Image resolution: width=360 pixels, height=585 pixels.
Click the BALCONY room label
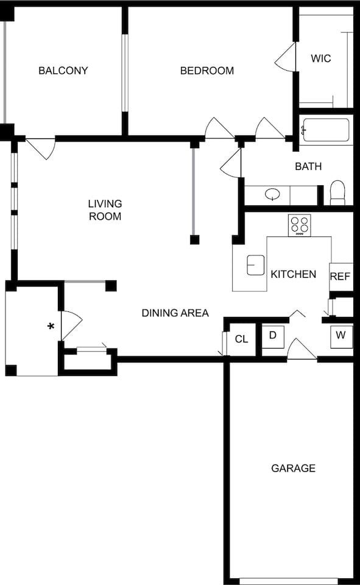(x=63, y=71)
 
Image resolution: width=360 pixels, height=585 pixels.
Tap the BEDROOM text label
(x=207, y=71)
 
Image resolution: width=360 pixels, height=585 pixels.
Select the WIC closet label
(x=320, y=58)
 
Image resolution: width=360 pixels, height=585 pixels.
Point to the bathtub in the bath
(x=326, y=130)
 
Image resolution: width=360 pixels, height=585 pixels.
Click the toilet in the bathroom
(x=337, y=193)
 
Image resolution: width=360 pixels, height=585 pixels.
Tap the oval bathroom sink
(x=272, y=195)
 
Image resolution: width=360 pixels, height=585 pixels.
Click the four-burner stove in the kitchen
(x=300, y=225)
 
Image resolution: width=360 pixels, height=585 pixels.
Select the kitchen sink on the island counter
(x=255, y=265)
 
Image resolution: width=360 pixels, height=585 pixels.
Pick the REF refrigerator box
(x=341, y=276)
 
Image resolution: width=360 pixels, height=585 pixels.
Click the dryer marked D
(x=273, y=336)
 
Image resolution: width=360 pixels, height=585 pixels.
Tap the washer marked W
(x=341, y=336)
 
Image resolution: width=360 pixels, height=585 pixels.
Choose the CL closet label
(x=242, y=339)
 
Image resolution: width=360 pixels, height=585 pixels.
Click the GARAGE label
(x=293, y=468)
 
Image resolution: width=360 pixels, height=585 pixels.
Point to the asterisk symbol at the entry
(x=51, y=327)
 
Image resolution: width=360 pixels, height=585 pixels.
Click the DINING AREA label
(x=175, y=313)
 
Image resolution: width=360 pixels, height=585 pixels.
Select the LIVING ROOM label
(x=105, y=210)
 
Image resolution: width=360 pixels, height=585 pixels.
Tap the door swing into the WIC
(x=286, y=58)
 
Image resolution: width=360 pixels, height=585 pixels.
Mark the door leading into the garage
(x=301, y=349)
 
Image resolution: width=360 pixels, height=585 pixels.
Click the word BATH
(x=308, y=166)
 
